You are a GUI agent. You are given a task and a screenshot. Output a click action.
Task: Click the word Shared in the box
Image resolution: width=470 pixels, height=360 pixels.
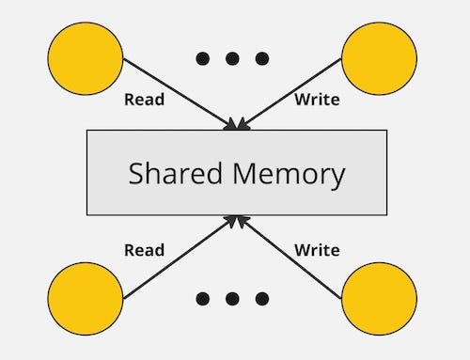176,174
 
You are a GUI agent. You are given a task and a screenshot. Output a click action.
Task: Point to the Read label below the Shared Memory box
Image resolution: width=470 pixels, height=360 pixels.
144,250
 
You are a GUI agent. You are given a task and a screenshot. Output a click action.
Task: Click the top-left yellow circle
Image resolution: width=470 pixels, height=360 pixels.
85,58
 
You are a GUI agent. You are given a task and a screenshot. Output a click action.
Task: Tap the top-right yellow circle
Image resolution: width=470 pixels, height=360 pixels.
379,58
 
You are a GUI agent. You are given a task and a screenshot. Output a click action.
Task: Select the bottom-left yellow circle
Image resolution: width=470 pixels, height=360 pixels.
85,300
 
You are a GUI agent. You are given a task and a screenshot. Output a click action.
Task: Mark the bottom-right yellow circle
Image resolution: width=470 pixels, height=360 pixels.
379,300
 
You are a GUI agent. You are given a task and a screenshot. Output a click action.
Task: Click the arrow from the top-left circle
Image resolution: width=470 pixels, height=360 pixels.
179,93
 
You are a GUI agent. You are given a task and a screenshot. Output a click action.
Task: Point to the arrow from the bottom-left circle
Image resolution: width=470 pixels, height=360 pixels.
179,257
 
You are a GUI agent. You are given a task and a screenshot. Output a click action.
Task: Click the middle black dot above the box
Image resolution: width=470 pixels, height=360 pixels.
232,58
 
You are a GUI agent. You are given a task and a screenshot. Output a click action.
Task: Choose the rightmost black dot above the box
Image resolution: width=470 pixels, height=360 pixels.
261,58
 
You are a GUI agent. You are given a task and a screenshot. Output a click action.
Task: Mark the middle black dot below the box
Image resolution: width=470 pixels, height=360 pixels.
232,299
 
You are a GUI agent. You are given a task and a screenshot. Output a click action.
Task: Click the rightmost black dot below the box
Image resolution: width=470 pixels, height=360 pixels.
261,299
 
